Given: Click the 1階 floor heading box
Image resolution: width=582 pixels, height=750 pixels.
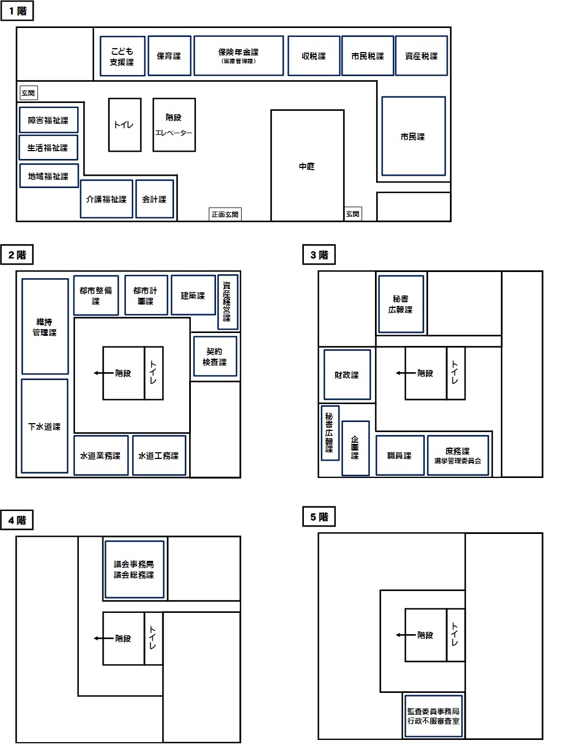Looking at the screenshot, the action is (x=17, y=11).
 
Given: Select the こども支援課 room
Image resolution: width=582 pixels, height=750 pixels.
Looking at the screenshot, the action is (x=123, y=56).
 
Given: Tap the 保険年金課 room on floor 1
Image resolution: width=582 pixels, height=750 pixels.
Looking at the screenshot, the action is (x=239, y=55).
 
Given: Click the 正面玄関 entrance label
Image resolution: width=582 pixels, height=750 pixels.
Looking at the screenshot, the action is (x=225, y=214).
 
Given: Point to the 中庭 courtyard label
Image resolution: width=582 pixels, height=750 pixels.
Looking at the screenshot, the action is (x=307, y=166).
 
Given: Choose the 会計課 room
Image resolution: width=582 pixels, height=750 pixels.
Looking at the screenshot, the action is (x=154, y=199).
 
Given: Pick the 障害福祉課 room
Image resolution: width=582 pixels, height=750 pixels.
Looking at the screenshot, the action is (x=49, y=120).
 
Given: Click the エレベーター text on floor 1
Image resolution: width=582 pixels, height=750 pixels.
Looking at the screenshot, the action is (x=173, y=133).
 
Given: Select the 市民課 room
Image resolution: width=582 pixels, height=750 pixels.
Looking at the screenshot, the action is (x=414, y=137).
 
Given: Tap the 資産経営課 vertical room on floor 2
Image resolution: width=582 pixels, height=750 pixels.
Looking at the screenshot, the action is (x=228, y=302).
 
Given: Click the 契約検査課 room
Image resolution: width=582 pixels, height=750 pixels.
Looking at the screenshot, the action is (x=215, y=357).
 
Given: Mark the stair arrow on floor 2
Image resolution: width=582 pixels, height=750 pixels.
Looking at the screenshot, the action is (x=104, y=373).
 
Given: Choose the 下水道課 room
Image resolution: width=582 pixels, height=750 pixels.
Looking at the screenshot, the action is (x=45, y=426).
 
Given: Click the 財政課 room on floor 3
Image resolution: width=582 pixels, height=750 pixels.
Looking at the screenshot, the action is (x=347, y=375).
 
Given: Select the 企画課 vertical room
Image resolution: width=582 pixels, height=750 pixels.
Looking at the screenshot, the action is (x=356, y=448).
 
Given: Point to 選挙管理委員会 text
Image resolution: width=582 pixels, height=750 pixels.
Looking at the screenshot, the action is (x=457, y=461).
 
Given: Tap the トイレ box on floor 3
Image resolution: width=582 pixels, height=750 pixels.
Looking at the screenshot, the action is (x=456, y=373).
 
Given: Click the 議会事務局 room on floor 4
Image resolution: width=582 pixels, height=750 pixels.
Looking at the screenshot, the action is (x=134, y=569).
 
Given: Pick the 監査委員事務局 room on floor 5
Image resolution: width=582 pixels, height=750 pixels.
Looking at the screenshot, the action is (x=433, y=716).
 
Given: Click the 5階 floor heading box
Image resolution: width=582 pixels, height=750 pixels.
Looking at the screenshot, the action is (x=319, y=517).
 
